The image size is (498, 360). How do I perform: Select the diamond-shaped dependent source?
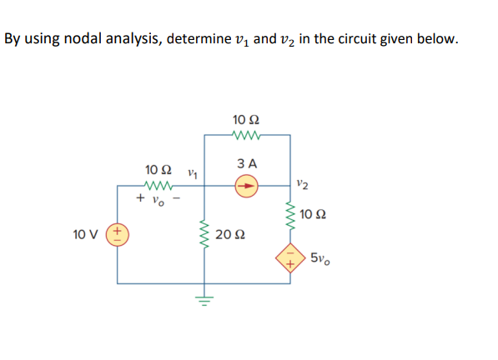tap(290, 258)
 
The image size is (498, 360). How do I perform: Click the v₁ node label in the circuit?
tap(193, 173)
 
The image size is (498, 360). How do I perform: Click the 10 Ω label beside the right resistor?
tap(314, 215)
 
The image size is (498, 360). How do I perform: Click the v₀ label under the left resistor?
tap(160, 200)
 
